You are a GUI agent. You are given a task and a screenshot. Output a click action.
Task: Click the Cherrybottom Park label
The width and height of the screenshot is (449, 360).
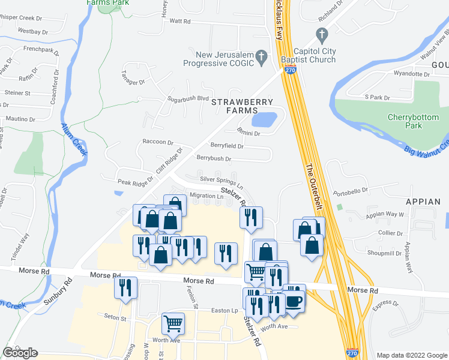click(x=413, y=121)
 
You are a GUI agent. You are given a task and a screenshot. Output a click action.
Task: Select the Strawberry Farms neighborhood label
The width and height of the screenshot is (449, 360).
click(x=242, y=106)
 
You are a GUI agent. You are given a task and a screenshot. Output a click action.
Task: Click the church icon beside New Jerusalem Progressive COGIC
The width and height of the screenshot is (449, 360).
click(x=261, y=58)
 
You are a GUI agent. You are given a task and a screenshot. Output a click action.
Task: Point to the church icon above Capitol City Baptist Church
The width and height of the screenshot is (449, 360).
click(x=321, y=34)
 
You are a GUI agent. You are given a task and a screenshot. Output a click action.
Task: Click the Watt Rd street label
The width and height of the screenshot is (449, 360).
click(x=179, y=21)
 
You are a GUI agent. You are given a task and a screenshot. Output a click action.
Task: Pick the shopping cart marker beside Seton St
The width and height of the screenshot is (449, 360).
click(x=173, y=324)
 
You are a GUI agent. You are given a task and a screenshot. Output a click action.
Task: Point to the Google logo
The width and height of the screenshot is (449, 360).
click(x=20, y=352)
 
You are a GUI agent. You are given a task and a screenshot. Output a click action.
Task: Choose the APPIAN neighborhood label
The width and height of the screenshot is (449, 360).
click(x=423, y=202)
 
